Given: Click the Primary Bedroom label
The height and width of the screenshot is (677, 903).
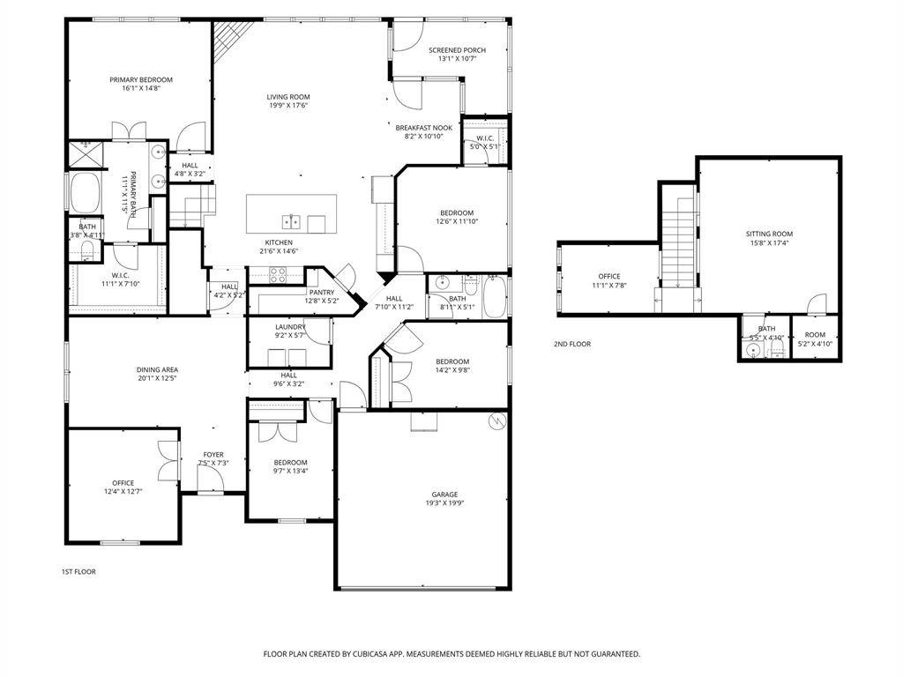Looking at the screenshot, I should click(141, 79).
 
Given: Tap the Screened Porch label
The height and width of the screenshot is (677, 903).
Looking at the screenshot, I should click(457, 50).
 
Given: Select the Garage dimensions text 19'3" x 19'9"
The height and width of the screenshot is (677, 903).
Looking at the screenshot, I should click(444, 503).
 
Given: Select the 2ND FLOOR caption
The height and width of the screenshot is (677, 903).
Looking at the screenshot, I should click(572, 344).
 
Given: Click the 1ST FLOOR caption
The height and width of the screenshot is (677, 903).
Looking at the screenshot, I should click(78, 572).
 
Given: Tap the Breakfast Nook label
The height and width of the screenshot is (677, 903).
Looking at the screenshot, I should click(423, 128).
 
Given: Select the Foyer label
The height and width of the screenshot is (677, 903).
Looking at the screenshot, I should click(213, 455).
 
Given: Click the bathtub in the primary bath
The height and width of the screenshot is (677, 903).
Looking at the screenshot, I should click(86, 192).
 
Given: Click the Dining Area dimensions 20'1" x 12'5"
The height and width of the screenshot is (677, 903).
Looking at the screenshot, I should click(157, 378).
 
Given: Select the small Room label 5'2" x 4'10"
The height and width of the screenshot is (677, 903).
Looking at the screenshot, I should click(815, 335).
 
